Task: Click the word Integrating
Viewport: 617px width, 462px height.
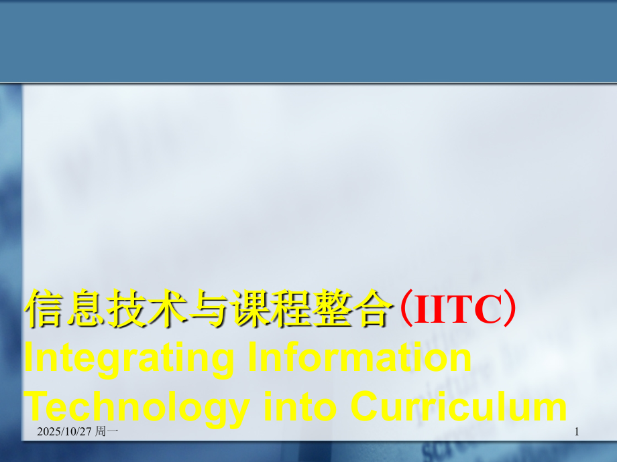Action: pos(129,359)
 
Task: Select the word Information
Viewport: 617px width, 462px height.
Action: pos(359,359)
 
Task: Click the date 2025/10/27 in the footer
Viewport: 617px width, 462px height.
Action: pos(62,433)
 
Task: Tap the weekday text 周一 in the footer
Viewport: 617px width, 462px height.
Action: pos(107,433)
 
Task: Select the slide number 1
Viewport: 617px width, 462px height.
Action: pos(577,433)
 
